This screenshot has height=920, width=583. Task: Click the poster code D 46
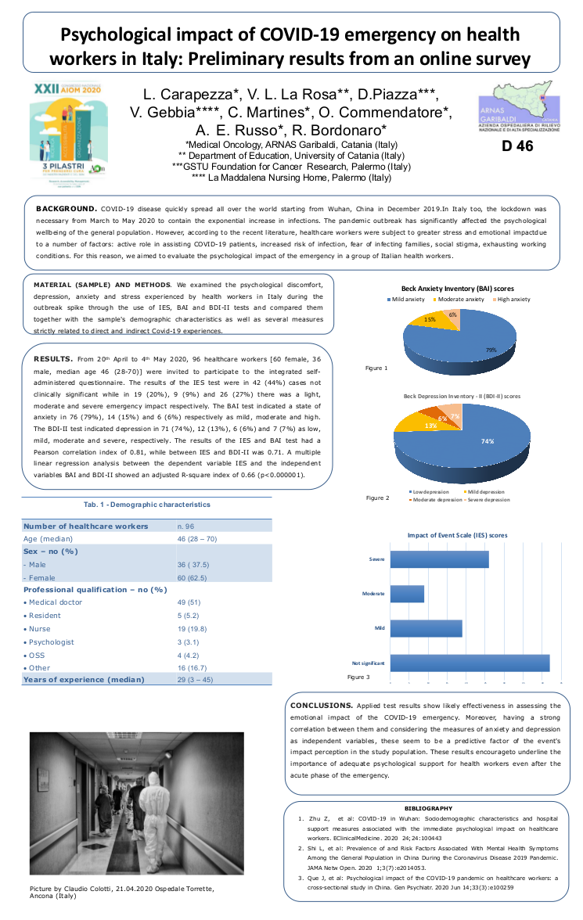click(514, 146)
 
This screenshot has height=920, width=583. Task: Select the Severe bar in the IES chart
click(439, 560)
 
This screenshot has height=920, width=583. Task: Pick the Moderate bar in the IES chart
click(407, 594)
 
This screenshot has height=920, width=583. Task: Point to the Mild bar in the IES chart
click(426, 628)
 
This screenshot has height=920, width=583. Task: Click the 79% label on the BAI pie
click(491, 350)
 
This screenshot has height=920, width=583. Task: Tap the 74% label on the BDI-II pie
click(488, 441)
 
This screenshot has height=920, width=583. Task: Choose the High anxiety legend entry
click(513, 299)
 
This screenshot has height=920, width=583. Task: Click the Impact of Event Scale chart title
click(458, 535)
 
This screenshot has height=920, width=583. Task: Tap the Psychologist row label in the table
click(50, 641)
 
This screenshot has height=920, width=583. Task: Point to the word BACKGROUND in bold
click(66, 210)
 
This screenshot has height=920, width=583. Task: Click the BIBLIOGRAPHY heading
click(428, 807)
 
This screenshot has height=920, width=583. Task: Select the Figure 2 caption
click(377, 498)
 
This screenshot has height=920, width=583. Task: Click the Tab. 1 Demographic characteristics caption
click(146, 505)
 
